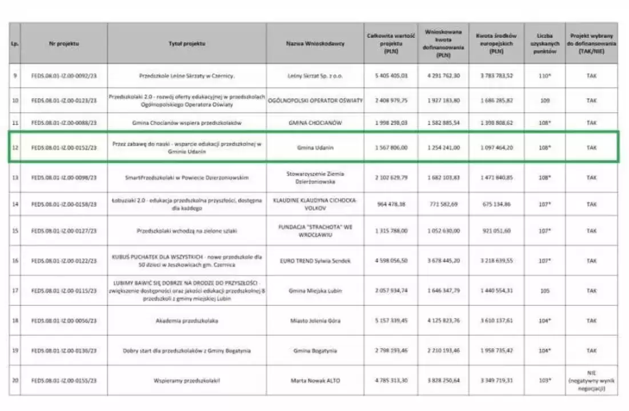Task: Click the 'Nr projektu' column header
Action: tap(63, 43)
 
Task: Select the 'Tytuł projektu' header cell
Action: tap(187, 43)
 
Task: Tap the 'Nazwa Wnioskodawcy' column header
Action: tap(315, 43)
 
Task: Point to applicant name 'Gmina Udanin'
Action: tap(315, 148)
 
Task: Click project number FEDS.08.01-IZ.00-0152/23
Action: tap(63, 148)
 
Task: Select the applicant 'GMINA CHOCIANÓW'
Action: tap(315, 123)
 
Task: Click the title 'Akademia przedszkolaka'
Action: tap(187, 320)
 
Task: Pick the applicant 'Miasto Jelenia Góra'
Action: tap(315, 320)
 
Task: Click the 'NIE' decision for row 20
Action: tap(591, 372)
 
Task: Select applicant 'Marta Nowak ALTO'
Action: tap(315, 380)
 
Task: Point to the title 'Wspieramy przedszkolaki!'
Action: tap(187, 380)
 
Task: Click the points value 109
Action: tap(544, 100)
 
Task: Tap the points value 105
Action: tap(544, 291)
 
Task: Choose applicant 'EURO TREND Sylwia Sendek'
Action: tap(315, 261)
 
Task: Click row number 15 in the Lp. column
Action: tap(15, 231)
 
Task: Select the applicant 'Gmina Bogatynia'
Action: tap(315, 350)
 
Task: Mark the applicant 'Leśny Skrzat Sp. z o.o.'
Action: tap(315, 75)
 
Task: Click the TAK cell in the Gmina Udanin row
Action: tap(591, 148)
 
